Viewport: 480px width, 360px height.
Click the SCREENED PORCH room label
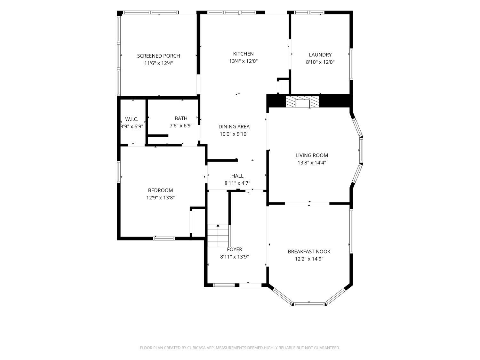158,56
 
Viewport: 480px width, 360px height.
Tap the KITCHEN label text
243,54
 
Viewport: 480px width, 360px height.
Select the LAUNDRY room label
320,55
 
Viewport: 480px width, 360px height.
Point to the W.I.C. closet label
132,119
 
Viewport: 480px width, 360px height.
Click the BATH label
181,118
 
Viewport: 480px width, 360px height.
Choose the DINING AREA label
234,126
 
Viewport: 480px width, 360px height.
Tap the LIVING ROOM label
312,156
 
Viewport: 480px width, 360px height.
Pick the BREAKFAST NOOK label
309,252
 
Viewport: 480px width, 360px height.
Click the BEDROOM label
160,190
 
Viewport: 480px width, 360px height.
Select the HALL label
237,176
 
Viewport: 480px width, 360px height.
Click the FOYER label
235,249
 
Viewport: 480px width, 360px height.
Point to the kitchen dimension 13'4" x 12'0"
244,61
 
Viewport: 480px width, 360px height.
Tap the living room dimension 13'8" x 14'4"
312,163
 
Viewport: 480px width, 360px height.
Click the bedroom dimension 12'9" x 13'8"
160,198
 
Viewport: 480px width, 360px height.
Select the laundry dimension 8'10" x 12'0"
320,62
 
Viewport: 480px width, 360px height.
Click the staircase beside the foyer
218,236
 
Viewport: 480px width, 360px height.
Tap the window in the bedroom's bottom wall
164,238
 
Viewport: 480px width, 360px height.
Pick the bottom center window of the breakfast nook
309,304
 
